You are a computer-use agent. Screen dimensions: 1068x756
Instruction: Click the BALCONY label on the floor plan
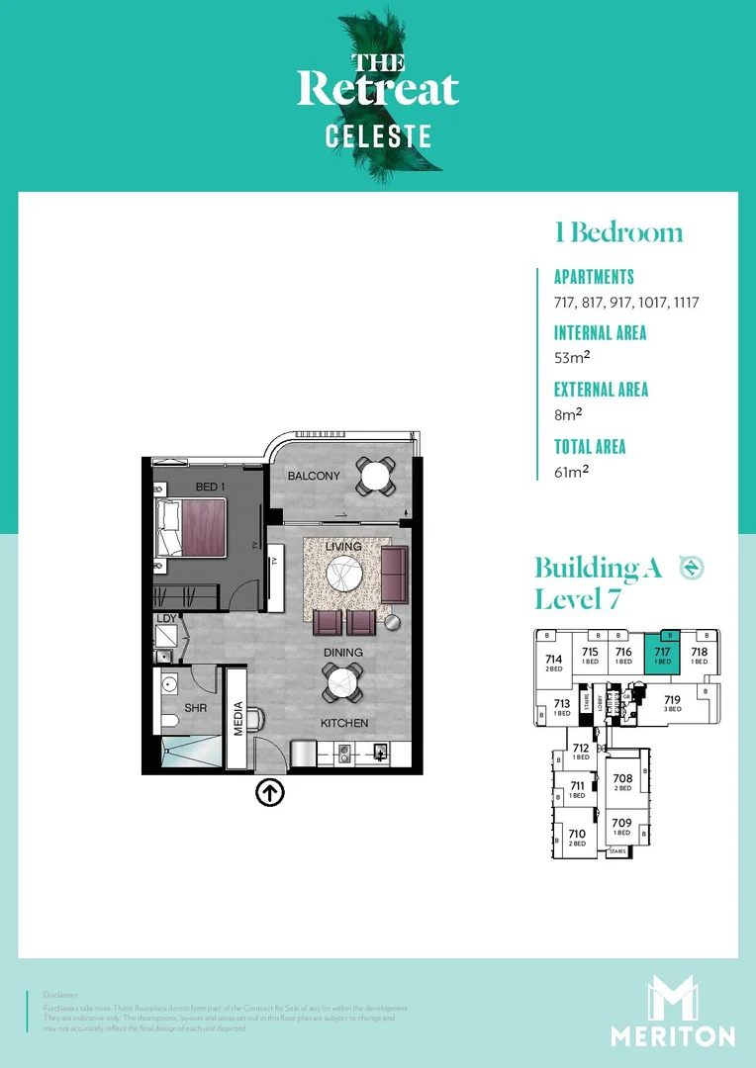(314, 477)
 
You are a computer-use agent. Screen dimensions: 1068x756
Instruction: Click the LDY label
(166, 620)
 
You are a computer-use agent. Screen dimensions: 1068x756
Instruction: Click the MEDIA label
(237, 719)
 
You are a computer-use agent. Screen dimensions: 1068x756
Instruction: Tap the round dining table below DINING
(341, 681)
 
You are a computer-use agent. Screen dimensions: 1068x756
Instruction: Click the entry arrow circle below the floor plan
(270, 792)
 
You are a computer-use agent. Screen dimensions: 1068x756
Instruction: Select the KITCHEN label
(344, 723)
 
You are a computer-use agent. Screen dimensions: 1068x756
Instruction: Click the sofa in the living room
(394, 574)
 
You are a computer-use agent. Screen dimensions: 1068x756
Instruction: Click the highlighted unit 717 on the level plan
(662, 656)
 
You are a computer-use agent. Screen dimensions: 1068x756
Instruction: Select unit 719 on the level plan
(672, 703)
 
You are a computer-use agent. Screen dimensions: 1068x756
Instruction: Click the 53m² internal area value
(573, 358)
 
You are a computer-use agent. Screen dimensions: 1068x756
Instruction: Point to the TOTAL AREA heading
(590, 446)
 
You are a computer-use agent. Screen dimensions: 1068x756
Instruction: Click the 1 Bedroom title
(618, 233)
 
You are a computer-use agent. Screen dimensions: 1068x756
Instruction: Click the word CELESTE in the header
(379, 135)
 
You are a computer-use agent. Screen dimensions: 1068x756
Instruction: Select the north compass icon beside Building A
(691, 568)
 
